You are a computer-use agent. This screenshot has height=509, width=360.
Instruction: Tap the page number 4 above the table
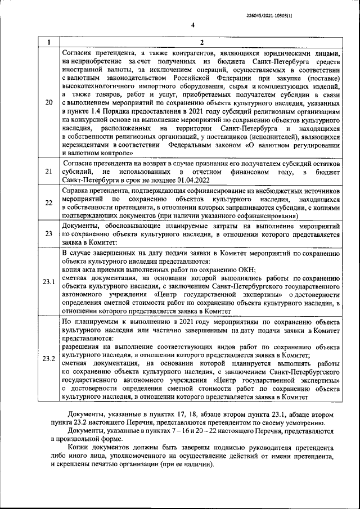(192, 25)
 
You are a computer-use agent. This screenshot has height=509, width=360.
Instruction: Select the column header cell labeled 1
(48, 42)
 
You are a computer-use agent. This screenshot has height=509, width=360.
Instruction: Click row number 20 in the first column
(48, 102)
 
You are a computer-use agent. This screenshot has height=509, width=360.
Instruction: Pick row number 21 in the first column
(48, 171)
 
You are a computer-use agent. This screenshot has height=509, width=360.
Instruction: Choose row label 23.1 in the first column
(48, 281)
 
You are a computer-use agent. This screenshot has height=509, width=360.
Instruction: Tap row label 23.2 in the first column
(48, 359)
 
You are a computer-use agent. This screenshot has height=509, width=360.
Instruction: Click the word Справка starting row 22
(75, 192)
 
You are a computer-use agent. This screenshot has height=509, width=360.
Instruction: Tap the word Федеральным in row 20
(196, 144)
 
